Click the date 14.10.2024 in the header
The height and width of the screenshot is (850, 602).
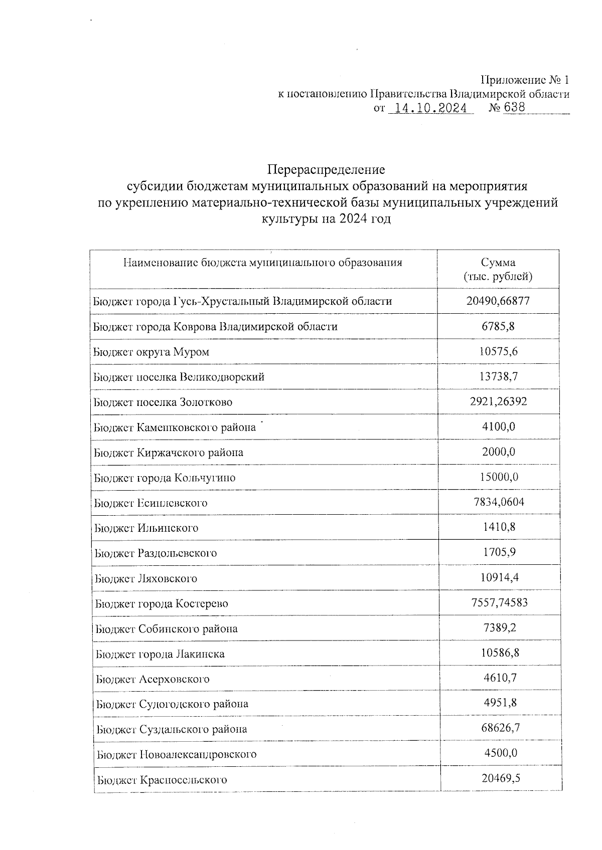click(430, 108)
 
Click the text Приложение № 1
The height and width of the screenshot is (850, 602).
click(525, 80)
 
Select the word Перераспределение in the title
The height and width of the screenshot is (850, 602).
click(326, 169)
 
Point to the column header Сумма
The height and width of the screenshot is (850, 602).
click(498, 263)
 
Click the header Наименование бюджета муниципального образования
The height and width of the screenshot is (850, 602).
click(263, 263)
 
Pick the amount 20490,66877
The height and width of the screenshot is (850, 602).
click(498, 301)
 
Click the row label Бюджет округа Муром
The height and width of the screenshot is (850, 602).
click(152, 352)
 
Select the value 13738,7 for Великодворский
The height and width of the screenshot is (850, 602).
click(498, 376)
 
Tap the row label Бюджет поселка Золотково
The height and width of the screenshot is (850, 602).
click(163, 402)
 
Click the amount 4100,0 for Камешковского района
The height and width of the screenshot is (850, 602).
click(498, 427)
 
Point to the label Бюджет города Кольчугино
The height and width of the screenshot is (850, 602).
click(165, 478)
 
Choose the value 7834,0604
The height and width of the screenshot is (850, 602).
click(499, 502)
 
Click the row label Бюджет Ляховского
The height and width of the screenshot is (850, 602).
click(146, 578)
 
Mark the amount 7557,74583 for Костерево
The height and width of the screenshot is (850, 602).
click(500, 603)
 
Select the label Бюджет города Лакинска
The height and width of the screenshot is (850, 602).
click(160, 654)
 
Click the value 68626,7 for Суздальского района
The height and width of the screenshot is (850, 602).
click(500, 728)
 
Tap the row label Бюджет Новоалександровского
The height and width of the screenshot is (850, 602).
click(177, 754)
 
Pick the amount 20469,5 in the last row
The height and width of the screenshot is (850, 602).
click(501, 779)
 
